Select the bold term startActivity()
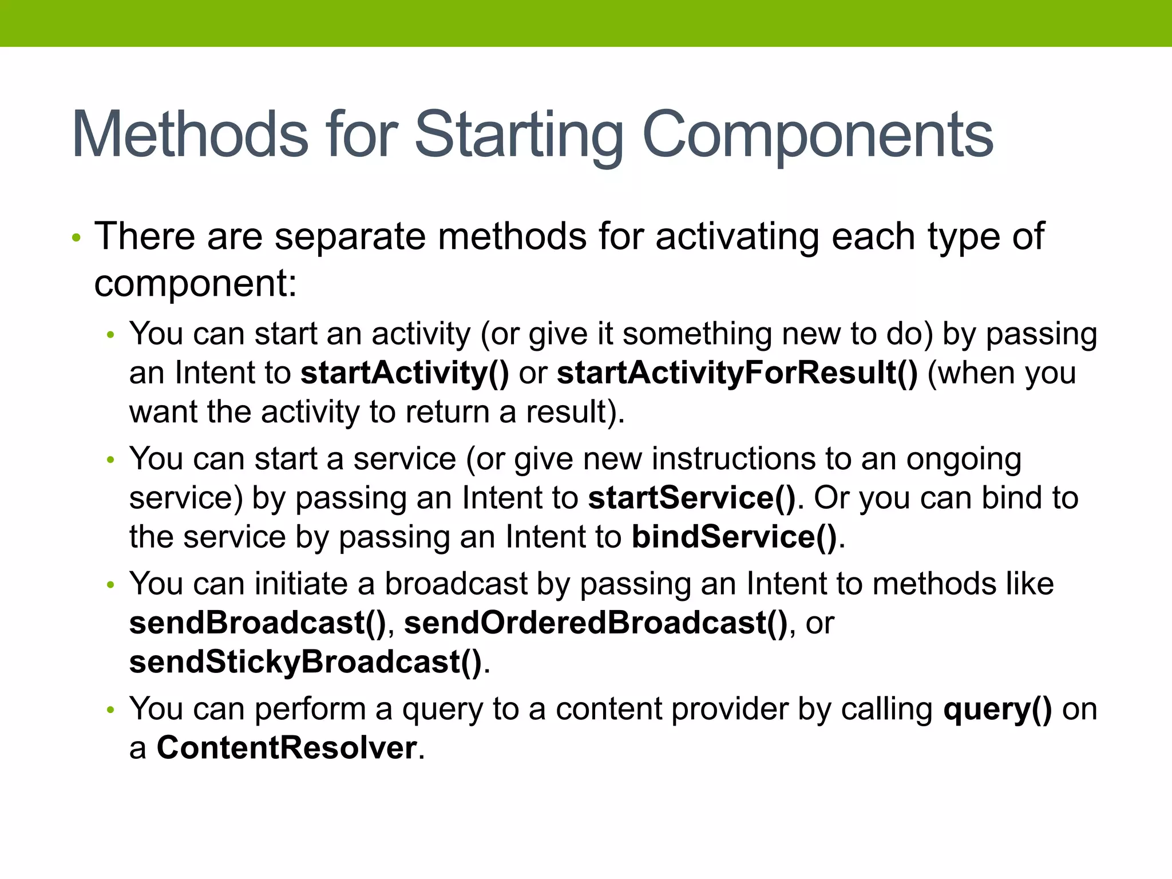point(405,373)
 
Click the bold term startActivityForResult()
point(737,373)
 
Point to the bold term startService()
point(692,498)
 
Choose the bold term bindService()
point(734,537)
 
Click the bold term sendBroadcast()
point(258,623)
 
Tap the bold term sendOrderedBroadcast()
point(596,623)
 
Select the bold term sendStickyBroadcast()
point(306,662)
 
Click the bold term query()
point(997,709)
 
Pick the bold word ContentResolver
point(287,748)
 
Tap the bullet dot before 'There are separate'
point(77,237)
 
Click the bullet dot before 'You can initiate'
point(111,585)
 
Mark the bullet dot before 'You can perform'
point(111,710)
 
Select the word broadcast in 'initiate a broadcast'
point(456,584)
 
